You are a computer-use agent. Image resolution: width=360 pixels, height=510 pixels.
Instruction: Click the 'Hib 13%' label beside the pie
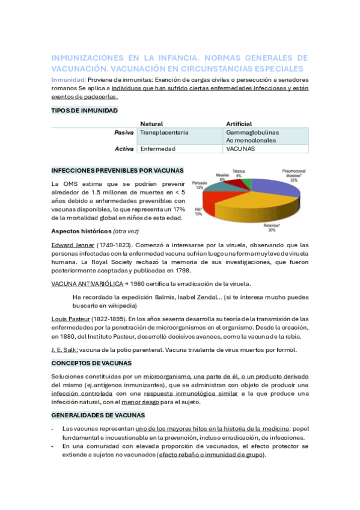[198, 210]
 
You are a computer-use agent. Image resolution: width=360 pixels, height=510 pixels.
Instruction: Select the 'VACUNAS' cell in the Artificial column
[240, 149]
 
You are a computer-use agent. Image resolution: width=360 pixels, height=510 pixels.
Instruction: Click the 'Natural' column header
[151, 123]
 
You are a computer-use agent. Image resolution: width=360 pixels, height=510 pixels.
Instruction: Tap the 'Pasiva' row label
[124, 132]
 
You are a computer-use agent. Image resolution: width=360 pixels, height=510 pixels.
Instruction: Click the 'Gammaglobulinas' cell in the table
[252, 132]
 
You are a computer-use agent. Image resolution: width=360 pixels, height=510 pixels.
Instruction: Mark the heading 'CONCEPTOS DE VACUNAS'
[91, 363]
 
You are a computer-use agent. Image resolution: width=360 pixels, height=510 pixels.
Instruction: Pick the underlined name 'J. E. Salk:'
[64, 350]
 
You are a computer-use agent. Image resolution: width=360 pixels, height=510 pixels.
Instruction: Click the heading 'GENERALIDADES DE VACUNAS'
[98, 415]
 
